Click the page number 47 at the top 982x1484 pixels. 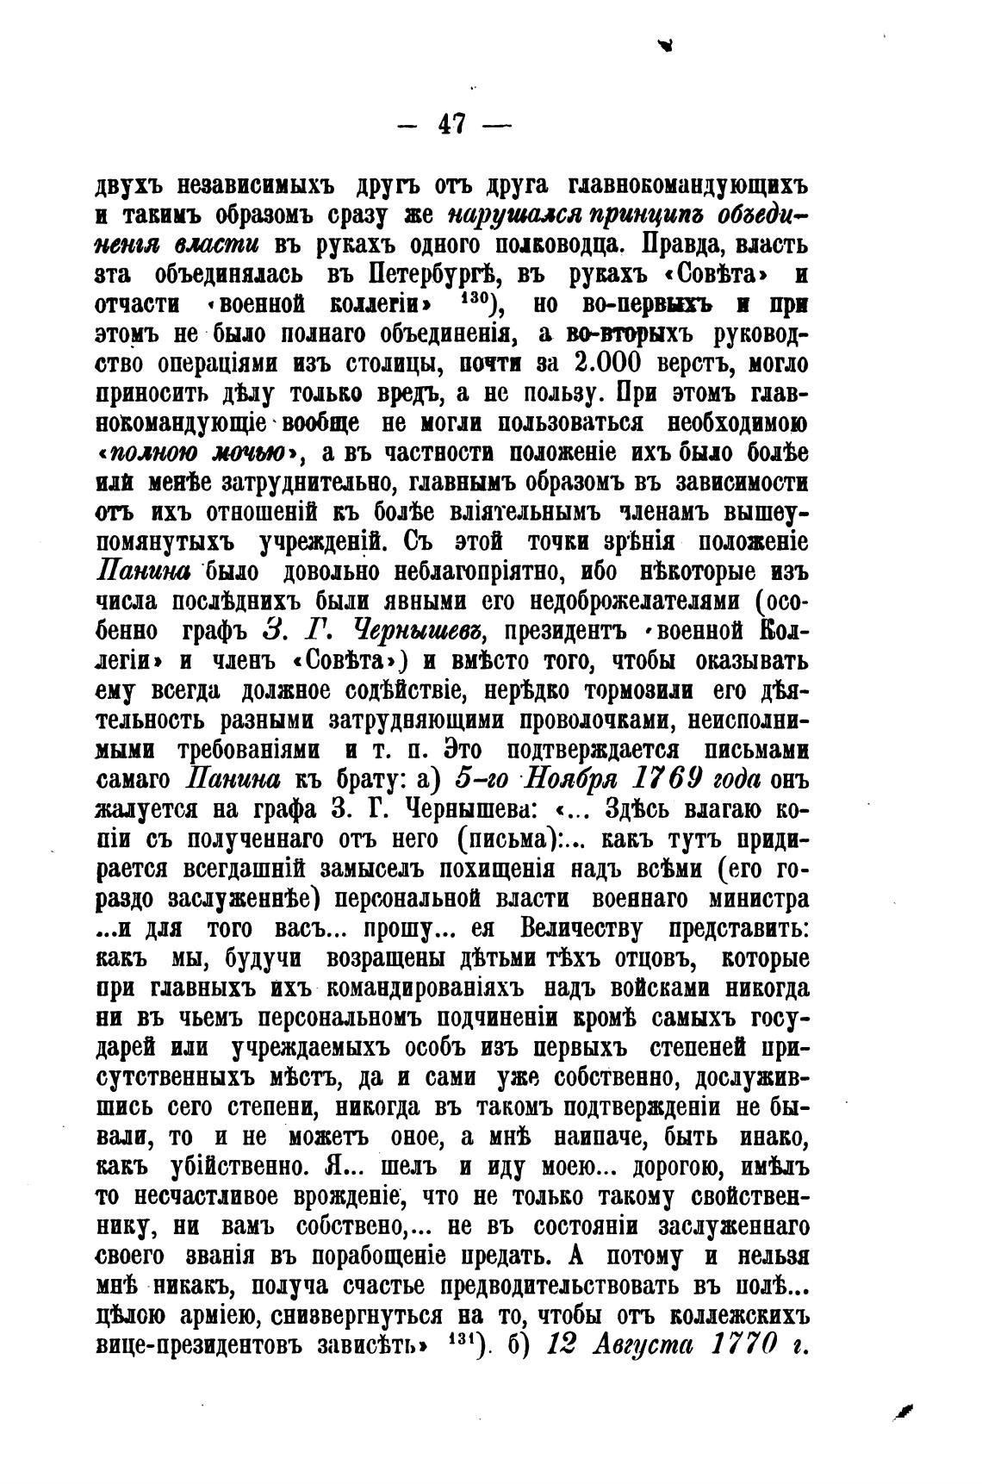pyautogui.click(x=452, y=124)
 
